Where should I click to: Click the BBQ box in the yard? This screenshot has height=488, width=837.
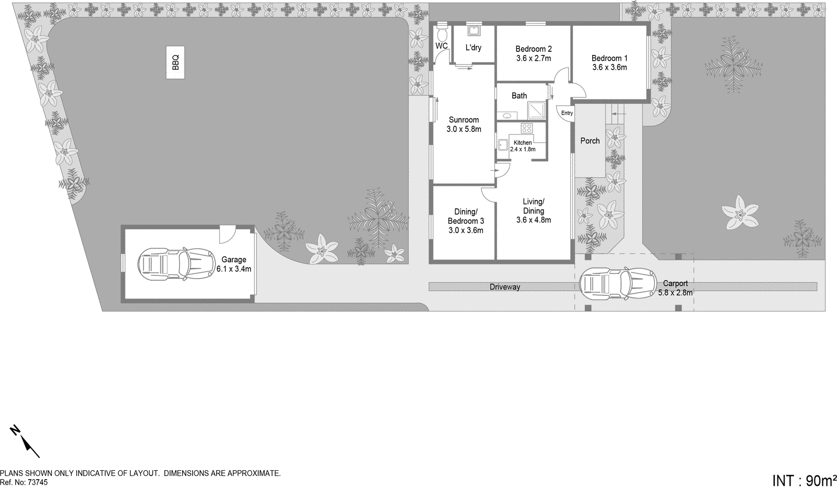pos(175,63)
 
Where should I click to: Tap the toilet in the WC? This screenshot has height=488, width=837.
pos(442,34)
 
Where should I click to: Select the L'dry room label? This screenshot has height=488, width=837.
pos(473,48)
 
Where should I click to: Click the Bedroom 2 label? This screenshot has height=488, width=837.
pos(534,49)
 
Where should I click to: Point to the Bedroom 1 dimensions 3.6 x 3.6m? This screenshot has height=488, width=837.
pos(609,68)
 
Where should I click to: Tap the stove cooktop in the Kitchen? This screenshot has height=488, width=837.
pos(526,128)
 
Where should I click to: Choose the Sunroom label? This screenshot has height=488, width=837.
pos(463,120)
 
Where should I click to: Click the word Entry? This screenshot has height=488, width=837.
pos(567,113)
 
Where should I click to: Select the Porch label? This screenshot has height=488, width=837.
pos(590,141)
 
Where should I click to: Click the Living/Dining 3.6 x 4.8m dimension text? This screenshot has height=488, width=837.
pos(534,220)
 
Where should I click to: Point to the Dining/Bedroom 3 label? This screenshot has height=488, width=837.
pos(466,216)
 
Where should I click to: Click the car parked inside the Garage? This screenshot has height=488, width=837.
pos(176,263)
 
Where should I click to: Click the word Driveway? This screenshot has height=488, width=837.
pos(505,287)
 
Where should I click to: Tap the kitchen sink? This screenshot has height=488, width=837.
pos(503,145)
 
